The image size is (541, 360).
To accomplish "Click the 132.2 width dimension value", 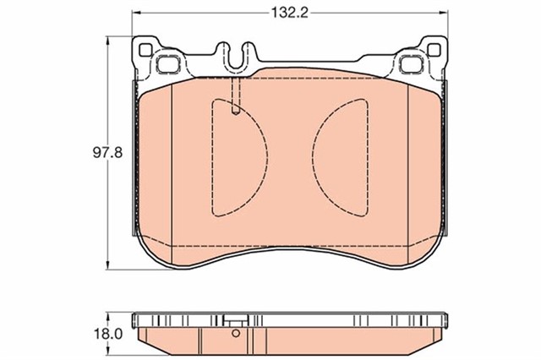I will (289, 13).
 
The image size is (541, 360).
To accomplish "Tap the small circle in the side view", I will (236, 333).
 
